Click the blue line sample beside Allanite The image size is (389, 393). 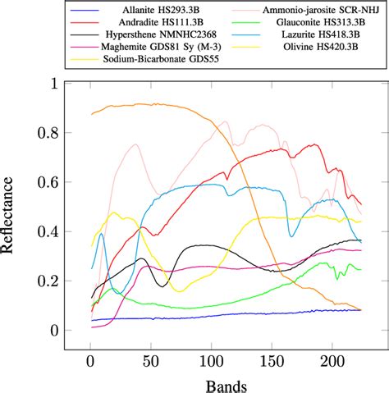click(71, 9)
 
